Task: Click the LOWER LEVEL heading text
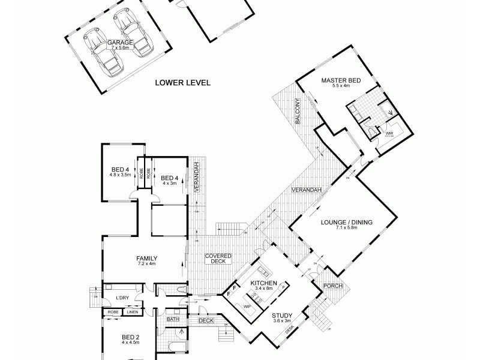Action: [182, 83]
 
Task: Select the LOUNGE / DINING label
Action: [347, 222]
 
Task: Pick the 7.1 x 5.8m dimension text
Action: [347, 228]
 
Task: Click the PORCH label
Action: [332, 286]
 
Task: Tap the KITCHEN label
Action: [264, 283]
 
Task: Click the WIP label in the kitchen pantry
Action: [247, 306]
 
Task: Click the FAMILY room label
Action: [146, 259]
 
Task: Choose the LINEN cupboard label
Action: [131, 312]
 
